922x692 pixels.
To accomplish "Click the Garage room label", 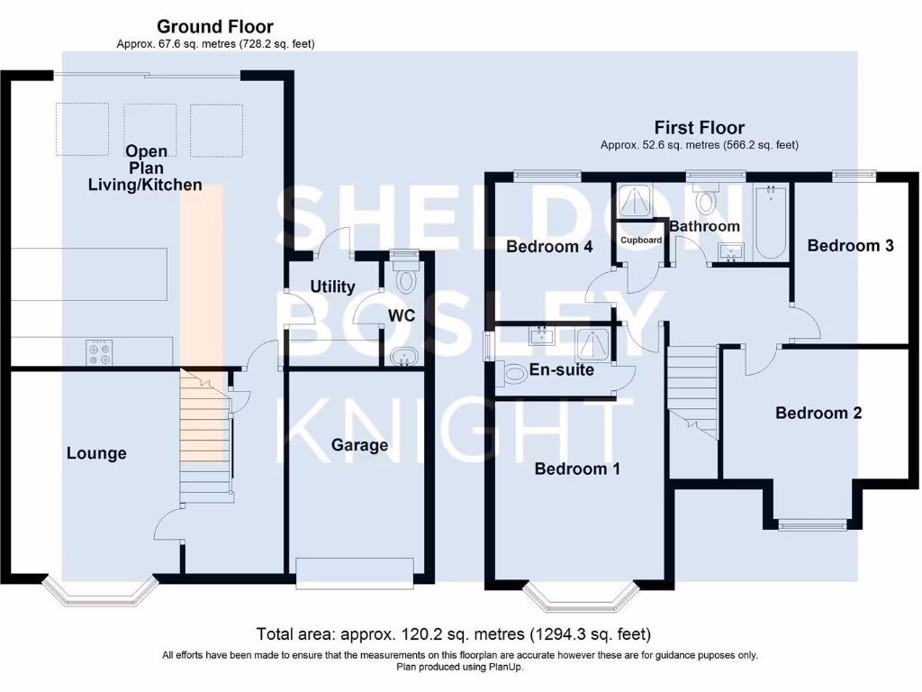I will pos(359,445).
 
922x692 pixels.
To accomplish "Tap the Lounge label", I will pos(96,453).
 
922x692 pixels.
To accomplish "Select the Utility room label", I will pos(332,287).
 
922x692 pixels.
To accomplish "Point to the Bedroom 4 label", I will pos(549,246).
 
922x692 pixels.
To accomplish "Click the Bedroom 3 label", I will pos(850,245).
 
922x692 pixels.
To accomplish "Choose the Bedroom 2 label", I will pos(818,413).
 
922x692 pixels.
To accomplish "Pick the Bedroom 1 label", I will pos(577,469).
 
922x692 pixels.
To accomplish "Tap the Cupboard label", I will pos(641,241).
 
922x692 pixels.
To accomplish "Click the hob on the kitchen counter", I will pos(99,352).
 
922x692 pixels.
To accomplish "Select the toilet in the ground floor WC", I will pos(405,278).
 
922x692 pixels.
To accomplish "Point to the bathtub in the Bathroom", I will pos(771,222).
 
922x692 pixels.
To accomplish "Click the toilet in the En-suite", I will pos(513,373).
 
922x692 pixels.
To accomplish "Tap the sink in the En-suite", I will pos(544,337).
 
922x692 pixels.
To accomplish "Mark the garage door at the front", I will pos(355,571).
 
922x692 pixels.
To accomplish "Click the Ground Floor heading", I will pos(214,27).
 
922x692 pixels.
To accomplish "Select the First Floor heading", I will pos(699,128).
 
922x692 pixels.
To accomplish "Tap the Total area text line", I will pos(454,634).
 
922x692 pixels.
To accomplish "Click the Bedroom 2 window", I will pos(812,524).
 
